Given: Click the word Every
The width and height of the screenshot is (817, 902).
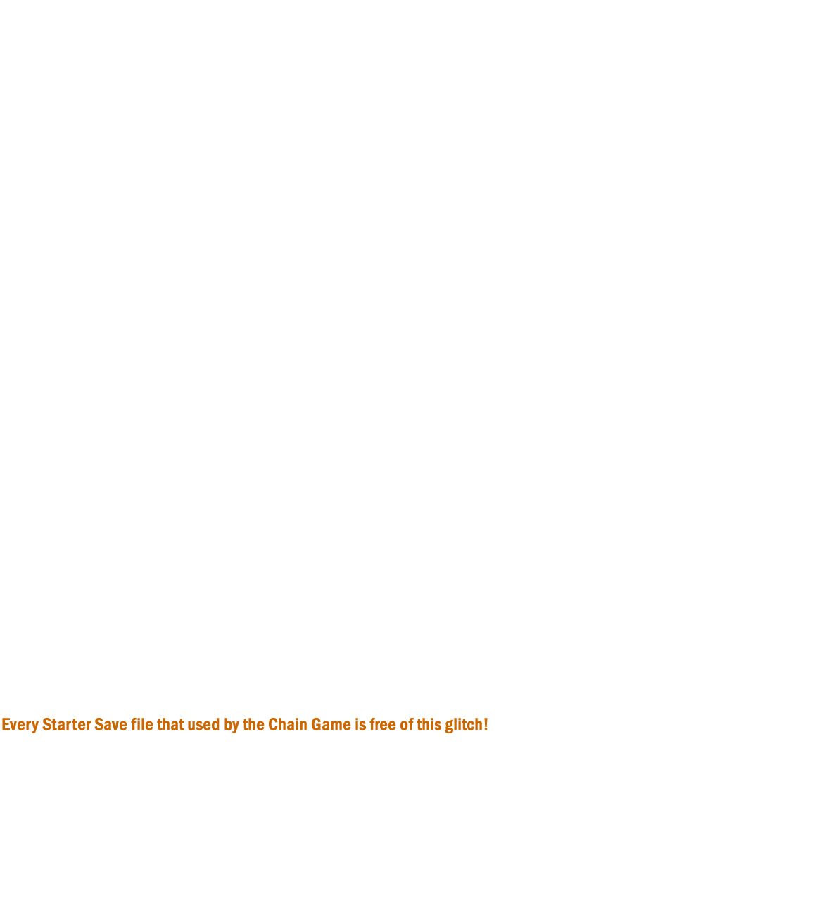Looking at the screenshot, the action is [20, 725].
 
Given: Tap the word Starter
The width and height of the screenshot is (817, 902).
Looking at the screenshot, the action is [67, 724].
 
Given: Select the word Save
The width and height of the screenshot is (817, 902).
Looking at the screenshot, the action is [110, 724].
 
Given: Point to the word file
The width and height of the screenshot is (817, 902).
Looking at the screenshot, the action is [142, 724].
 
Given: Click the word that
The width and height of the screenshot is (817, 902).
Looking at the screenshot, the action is [170, 724].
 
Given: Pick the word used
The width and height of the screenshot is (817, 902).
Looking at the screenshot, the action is [204, 724].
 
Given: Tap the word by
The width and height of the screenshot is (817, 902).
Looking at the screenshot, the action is [232, 725].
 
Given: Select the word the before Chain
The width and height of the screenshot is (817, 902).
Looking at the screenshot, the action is [253, 724].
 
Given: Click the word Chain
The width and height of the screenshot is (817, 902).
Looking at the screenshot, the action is [288, 724].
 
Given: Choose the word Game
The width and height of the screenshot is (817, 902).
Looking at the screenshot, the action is [331, 724].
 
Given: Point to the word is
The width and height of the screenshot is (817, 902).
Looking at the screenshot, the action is [360, 724].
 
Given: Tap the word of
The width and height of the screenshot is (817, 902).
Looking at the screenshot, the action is [407, 724].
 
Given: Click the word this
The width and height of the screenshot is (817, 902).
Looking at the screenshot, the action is [429, 724].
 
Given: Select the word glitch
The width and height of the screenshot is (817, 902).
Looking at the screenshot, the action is [464, 725].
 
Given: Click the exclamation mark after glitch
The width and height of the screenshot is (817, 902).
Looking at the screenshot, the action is [486, 724].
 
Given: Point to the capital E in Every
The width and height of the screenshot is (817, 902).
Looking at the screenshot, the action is [6, 724].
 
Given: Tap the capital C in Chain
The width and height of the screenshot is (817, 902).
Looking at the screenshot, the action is [273, 724].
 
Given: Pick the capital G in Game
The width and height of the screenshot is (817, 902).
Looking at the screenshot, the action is [317, 724].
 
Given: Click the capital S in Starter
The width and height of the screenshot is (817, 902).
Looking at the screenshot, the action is [47, 724].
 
